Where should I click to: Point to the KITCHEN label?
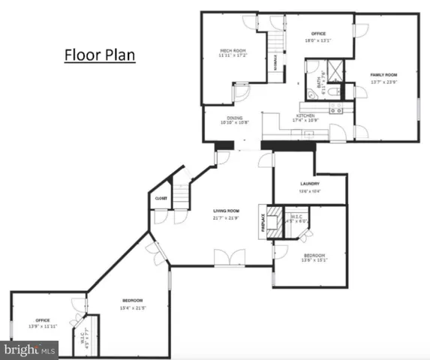tap(305, 115)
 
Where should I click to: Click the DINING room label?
tap(233, 117)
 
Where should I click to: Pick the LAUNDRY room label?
tap(310, 184)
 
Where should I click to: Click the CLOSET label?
tap(161, 198)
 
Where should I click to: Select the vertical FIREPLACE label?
tap(263, 223)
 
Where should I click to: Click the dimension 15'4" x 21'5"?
tap(133, 307)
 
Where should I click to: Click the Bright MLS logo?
tap(30, 349)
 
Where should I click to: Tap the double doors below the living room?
tap(228, 258)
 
